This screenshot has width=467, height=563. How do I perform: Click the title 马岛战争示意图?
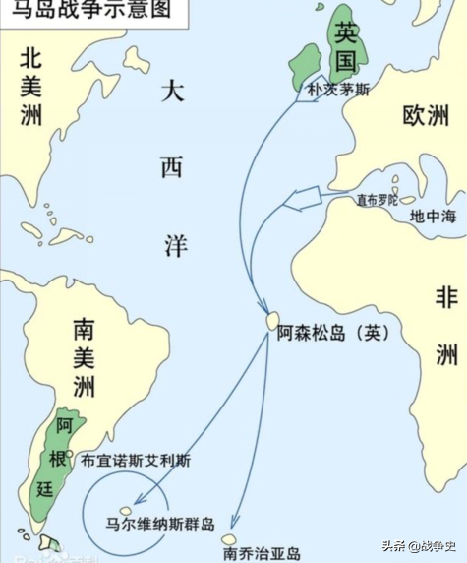coord(87,13)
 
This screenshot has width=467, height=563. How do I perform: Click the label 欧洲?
coord(425,115)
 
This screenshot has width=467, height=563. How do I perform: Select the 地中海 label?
coord(433,215)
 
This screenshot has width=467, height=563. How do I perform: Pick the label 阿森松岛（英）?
coord(333,332)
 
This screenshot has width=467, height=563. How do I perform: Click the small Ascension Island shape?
coord(272,321)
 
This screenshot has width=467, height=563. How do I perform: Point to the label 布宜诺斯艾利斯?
coord(136,459)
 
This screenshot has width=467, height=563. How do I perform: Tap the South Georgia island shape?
coord(228,539)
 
